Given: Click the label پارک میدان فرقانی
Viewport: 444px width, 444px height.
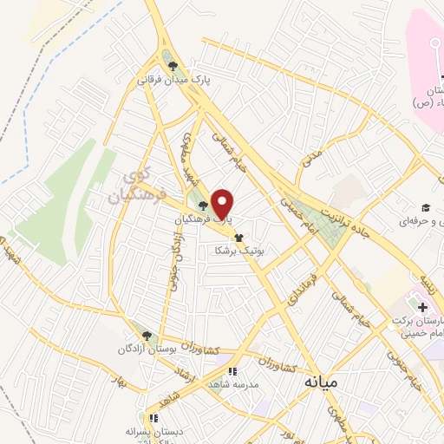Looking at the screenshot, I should click(x=174, y=80).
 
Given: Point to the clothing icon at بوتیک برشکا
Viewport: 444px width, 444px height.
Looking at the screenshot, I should click(x=238, y=237).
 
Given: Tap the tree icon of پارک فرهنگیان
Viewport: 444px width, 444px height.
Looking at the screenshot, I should click(x=203, y=206).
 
